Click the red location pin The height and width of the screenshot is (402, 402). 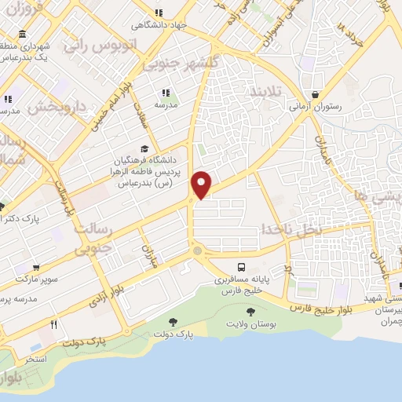coord(202,183)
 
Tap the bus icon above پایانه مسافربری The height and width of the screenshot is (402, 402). coord(240,268)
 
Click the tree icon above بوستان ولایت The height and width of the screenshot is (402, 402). coord(250,312)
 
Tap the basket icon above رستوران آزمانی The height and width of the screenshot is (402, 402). coord(315,94)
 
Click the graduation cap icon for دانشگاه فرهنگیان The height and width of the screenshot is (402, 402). coord(143,148)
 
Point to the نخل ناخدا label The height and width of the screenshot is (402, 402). coord(292,228)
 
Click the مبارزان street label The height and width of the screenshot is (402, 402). coord(149,255)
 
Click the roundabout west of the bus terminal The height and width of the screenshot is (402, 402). coord(197,251)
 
